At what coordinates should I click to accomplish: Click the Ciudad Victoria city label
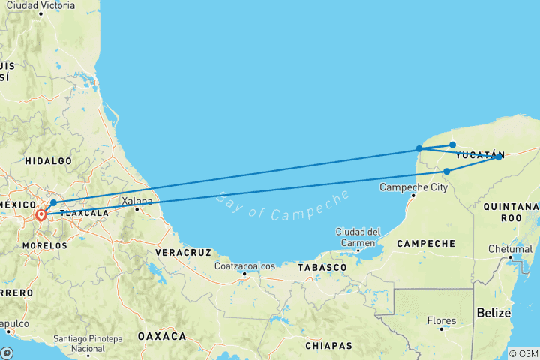point(40,5)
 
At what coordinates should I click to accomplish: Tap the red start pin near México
point(41,215)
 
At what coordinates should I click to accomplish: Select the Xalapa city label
point(137,201)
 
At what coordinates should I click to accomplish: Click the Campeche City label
point(414,187)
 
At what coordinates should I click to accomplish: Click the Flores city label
point(442,320)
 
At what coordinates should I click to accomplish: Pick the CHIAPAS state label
point(328,346)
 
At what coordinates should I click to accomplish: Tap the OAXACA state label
point(161,337)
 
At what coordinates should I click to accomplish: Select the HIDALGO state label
point(48,161)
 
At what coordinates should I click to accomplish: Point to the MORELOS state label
point(45,245)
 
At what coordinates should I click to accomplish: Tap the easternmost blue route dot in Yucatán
point(498,157)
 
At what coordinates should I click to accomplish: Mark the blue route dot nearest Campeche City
point(446,172)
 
